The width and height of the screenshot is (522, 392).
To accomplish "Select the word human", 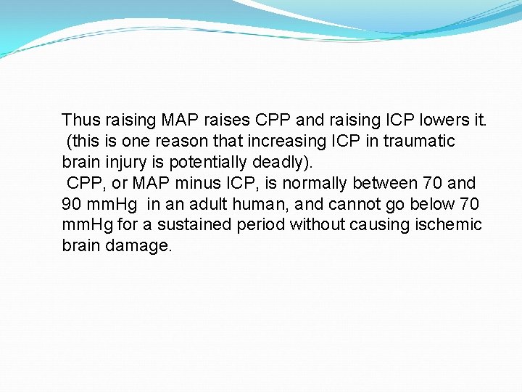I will [x=257, y=204].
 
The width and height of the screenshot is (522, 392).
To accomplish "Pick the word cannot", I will [x=346, y=204].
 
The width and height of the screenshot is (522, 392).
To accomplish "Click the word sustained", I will [x=198, y=225].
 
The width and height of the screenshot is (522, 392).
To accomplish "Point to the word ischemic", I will [x=448, y=225].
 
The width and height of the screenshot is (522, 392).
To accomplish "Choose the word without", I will [x=317, y=225].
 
